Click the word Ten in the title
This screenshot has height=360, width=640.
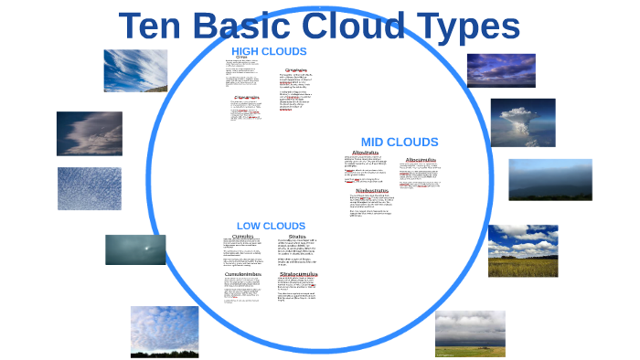point(156,27)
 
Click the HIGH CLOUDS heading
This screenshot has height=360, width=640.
point(269,51)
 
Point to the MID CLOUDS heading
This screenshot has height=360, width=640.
point(400,142)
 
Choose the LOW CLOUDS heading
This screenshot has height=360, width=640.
point(271,226)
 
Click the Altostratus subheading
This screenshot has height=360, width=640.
point(365,153)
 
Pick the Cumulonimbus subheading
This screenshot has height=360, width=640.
point(249,274)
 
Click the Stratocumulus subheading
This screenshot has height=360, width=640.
point(298,274)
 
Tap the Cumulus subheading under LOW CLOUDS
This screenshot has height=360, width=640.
point(242,236)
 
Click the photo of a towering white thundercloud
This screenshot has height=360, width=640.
point(523,122)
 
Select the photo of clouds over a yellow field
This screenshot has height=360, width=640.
point(522,250)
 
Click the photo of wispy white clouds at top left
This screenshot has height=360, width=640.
point(135,70)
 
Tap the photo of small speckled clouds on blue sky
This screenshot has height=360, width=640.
point(90,188)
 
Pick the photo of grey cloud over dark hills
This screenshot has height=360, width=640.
point(550,180)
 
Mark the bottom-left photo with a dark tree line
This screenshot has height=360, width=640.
point(165,331)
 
